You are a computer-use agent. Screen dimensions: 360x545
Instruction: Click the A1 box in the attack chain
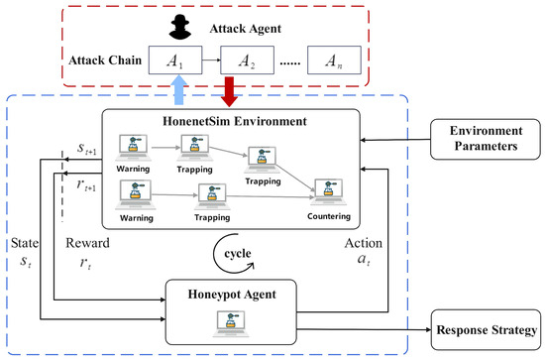click(175, 63)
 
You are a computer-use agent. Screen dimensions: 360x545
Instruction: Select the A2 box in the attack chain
click(253, 63)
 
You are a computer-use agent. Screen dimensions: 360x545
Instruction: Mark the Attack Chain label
click(103, 62)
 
